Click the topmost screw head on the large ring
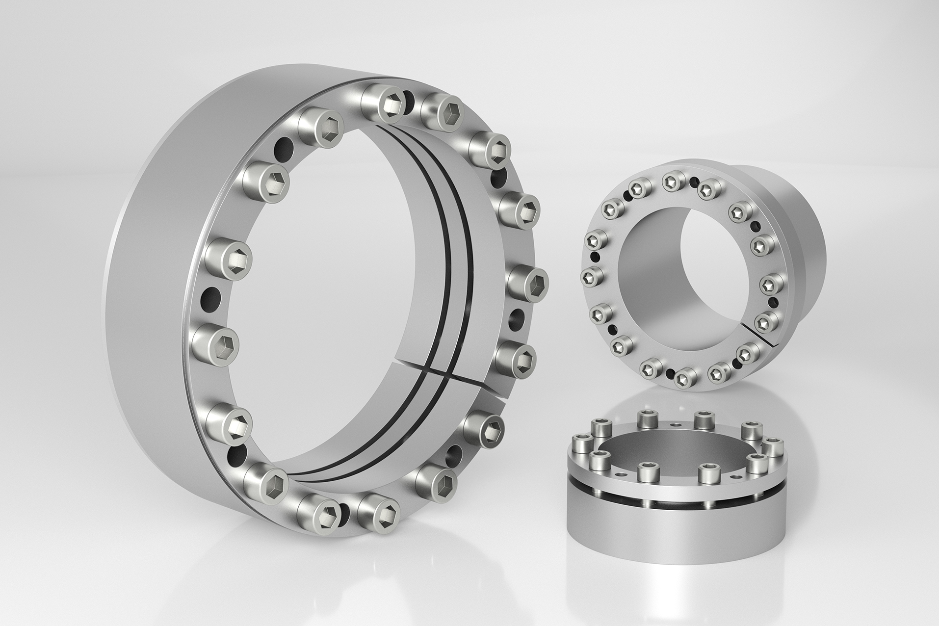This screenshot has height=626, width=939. coord(392,106)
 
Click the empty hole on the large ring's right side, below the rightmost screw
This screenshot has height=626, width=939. coord(518,317)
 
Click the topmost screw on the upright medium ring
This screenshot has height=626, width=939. coord(671,182)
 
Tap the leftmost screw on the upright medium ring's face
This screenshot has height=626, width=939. coord(588,278)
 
